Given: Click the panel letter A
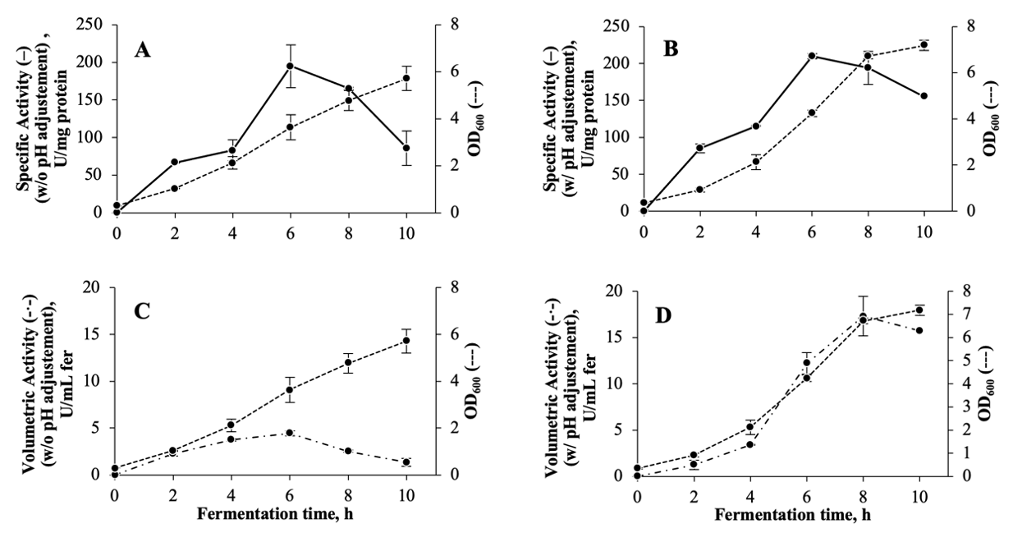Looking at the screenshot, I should [x=143, y=51].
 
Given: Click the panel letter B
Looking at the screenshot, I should [x=671, y=49].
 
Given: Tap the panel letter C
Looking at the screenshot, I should [x=142, y=313].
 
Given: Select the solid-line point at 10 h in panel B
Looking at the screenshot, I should [x=924, y=95].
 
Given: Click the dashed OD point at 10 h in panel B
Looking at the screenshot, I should [x=924, y=45].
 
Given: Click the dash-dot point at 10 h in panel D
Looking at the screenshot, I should [x=919, y=330].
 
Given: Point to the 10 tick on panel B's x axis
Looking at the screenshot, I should [x=924, y=231].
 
